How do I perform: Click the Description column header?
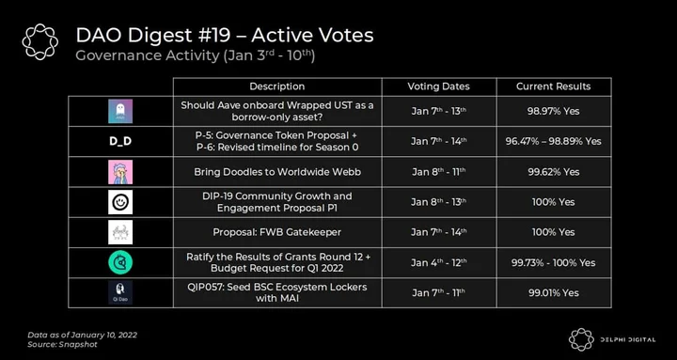click(x=276, y=86)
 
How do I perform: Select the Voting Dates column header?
click(x=439, y=86)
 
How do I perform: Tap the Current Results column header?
click(x=553, y=86)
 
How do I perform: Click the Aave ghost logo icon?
click(x=120, y=111)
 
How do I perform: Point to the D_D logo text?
click(x=120, y=141)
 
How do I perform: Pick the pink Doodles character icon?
click(x=120, y=172)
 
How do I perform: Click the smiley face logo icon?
click(x=120, y=202)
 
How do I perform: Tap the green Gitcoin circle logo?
click(x=120, y=262)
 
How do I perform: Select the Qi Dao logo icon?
click(x=120, y=292)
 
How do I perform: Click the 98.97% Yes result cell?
click(x=553, y=111)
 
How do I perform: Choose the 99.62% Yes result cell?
click(x=553, y=172)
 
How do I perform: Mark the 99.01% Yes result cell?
click(x=553, y=292)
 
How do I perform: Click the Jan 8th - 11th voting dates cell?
click(x=439, y=172)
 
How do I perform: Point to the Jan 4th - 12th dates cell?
click(x=439, y=262)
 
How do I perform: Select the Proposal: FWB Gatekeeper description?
click(x=276, y=232)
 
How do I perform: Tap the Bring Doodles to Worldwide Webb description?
click(x=277, y=172)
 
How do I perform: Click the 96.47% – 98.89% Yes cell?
click(x=553, y=141)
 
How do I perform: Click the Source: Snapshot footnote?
click(x=62, y=344)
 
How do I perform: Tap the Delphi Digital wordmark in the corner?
click(x=628, y=339)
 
